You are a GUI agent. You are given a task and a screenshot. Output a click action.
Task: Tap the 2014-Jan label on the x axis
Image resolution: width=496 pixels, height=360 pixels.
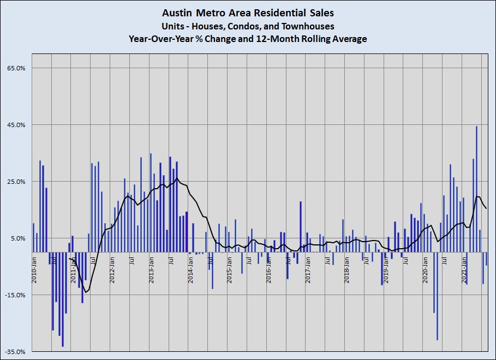coord(190,268)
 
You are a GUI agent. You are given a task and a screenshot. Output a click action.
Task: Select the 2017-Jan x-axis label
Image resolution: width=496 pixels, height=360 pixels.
coord(308,268)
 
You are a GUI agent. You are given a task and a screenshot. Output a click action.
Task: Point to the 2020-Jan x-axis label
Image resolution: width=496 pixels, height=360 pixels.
coord(425,268)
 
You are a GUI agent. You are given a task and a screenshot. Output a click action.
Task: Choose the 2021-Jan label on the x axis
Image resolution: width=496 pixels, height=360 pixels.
coord(464,268)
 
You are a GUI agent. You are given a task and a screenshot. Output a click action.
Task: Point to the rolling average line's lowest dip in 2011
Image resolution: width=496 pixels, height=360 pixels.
coord(86,293)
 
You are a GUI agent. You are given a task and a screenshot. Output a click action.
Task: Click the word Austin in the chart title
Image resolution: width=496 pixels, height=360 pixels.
coord(176,11)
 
